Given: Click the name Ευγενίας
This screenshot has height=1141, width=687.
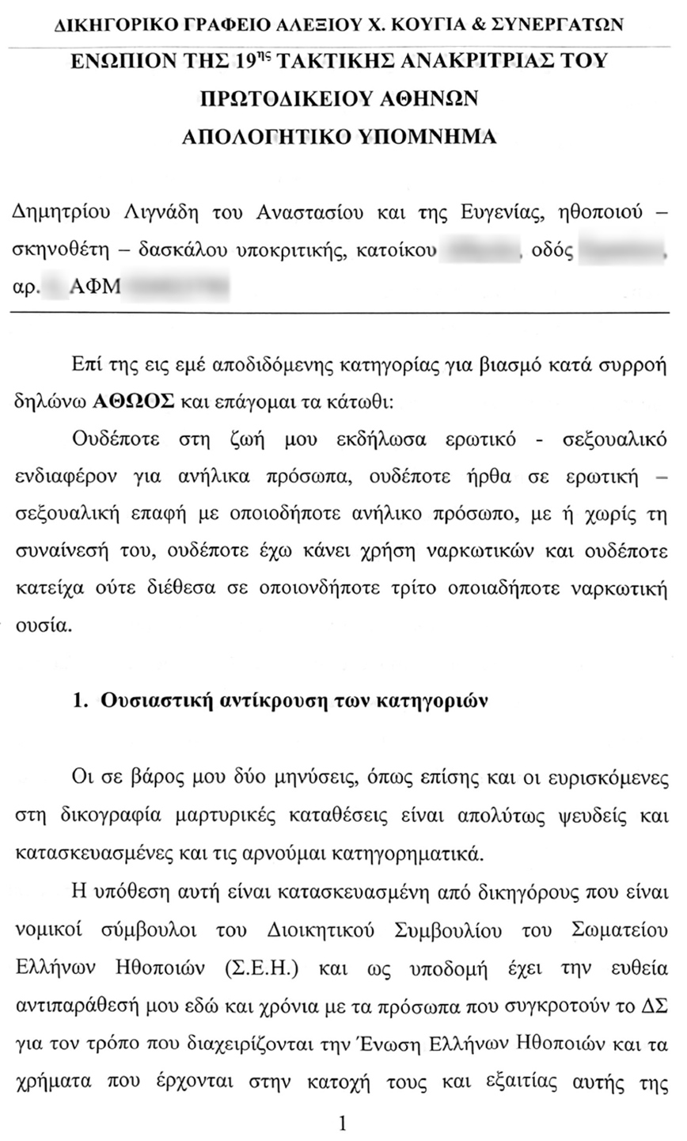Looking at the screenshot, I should (x=497, y=212).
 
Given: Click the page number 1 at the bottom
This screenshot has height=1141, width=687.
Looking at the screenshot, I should (x=343, y=1123).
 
